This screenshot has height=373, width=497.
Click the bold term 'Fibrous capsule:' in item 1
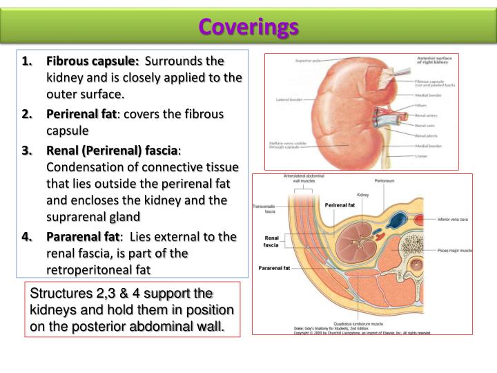92,61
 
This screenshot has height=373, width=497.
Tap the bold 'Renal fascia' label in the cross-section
271,241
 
